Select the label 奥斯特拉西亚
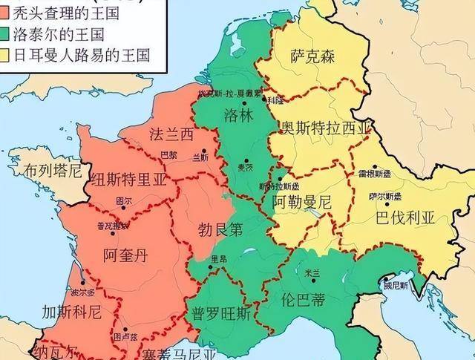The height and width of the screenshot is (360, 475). pos(324,128)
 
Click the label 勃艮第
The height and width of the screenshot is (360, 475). pos(220,230)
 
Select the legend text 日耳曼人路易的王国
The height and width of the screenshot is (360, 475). pos(83,54)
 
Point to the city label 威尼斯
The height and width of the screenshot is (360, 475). pos(395,284)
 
